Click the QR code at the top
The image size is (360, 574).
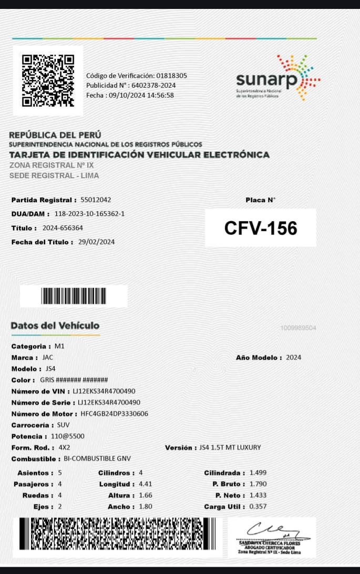pyautogui.click(x=47, y=80)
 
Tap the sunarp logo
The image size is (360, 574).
pyautogui.click(x=277, y=78)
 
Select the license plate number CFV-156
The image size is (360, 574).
pyautogui.click(x=261, y=228)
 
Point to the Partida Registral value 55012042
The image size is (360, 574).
pyautogui.click(x=95, y=200)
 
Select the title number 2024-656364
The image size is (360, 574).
pyautogui.click(x=63, y=228)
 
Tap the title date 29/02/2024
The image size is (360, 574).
pyautogui.click(x=96, y=242)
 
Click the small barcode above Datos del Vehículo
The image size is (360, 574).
pyautogui.click(x=74, y=296)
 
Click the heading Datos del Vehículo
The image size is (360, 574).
pyautogui.click(x=55, y=326)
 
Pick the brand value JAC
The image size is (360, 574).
pyautogui.click(x=48, y=358)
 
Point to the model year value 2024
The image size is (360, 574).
pyautogui.click(x=294, y=358)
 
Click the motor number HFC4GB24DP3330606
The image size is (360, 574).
pyautogui.click(x=114, y=414)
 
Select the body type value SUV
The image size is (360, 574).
pyautogui.click(x=63, y=425)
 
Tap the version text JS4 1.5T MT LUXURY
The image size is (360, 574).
pyautogui.click(x=230, y=447)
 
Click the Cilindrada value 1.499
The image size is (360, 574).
pyautogui.click(x=258, y=473)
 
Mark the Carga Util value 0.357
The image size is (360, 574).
pyautogui.click(x=258, y=507)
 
